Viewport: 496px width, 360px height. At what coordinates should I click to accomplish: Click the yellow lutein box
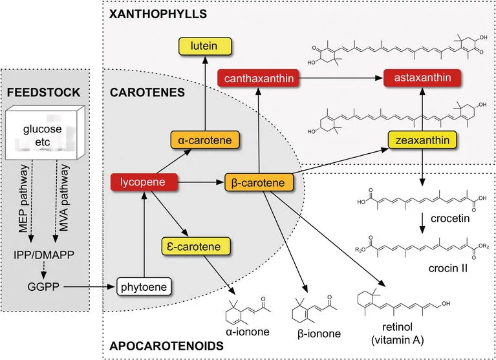[x=205, y=46]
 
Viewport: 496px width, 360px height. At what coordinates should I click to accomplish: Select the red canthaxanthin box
[x=258, y=78]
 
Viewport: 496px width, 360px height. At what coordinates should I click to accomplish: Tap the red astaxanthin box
[x=422, y=78]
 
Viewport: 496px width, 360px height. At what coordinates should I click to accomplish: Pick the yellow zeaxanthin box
[x=422, y=140]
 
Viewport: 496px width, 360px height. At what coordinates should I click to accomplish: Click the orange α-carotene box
[x=204, y=140]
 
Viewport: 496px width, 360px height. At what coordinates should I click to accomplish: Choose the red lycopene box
[x=144, y=182]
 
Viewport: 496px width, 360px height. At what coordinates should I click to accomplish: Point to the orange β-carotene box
[x=259, y=182]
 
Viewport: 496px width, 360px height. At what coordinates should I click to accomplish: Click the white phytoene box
[x=144, y=287]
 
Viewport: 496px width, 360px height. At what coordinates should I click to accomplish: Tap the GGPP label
[x=43, y=287]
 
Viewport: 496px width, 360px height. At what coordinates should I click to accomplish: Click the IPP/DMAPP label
[x=44, y=255]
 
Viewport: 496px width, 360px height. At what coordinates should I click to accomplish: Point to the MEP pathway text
[x=24, y=198]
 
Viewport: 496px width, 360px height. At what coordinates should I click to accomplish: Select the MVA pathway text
[x=64, y=198]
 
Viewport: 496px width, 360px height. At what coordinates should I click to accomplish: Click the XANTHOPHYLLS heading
[x=158, y=14]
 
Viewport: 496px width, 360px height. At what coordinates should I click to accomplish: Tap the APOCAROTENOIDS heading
[x=166, y=346]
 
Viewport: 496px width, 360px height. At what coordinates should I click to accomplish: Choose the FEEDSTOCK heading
[x=44, y=92]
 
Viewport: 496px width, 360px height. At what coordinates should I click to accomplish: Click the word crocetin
[x=450, y=218]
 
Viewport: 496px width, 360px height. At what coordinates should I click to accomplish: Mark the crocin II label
[x=448, y=268]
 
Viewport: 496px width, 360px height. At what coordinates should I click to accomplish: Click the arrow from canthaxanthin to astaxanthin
[x=341, y=78]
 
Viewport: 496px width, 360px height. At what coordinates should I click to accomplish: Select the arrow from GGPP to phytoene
[x=89, y=287]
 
